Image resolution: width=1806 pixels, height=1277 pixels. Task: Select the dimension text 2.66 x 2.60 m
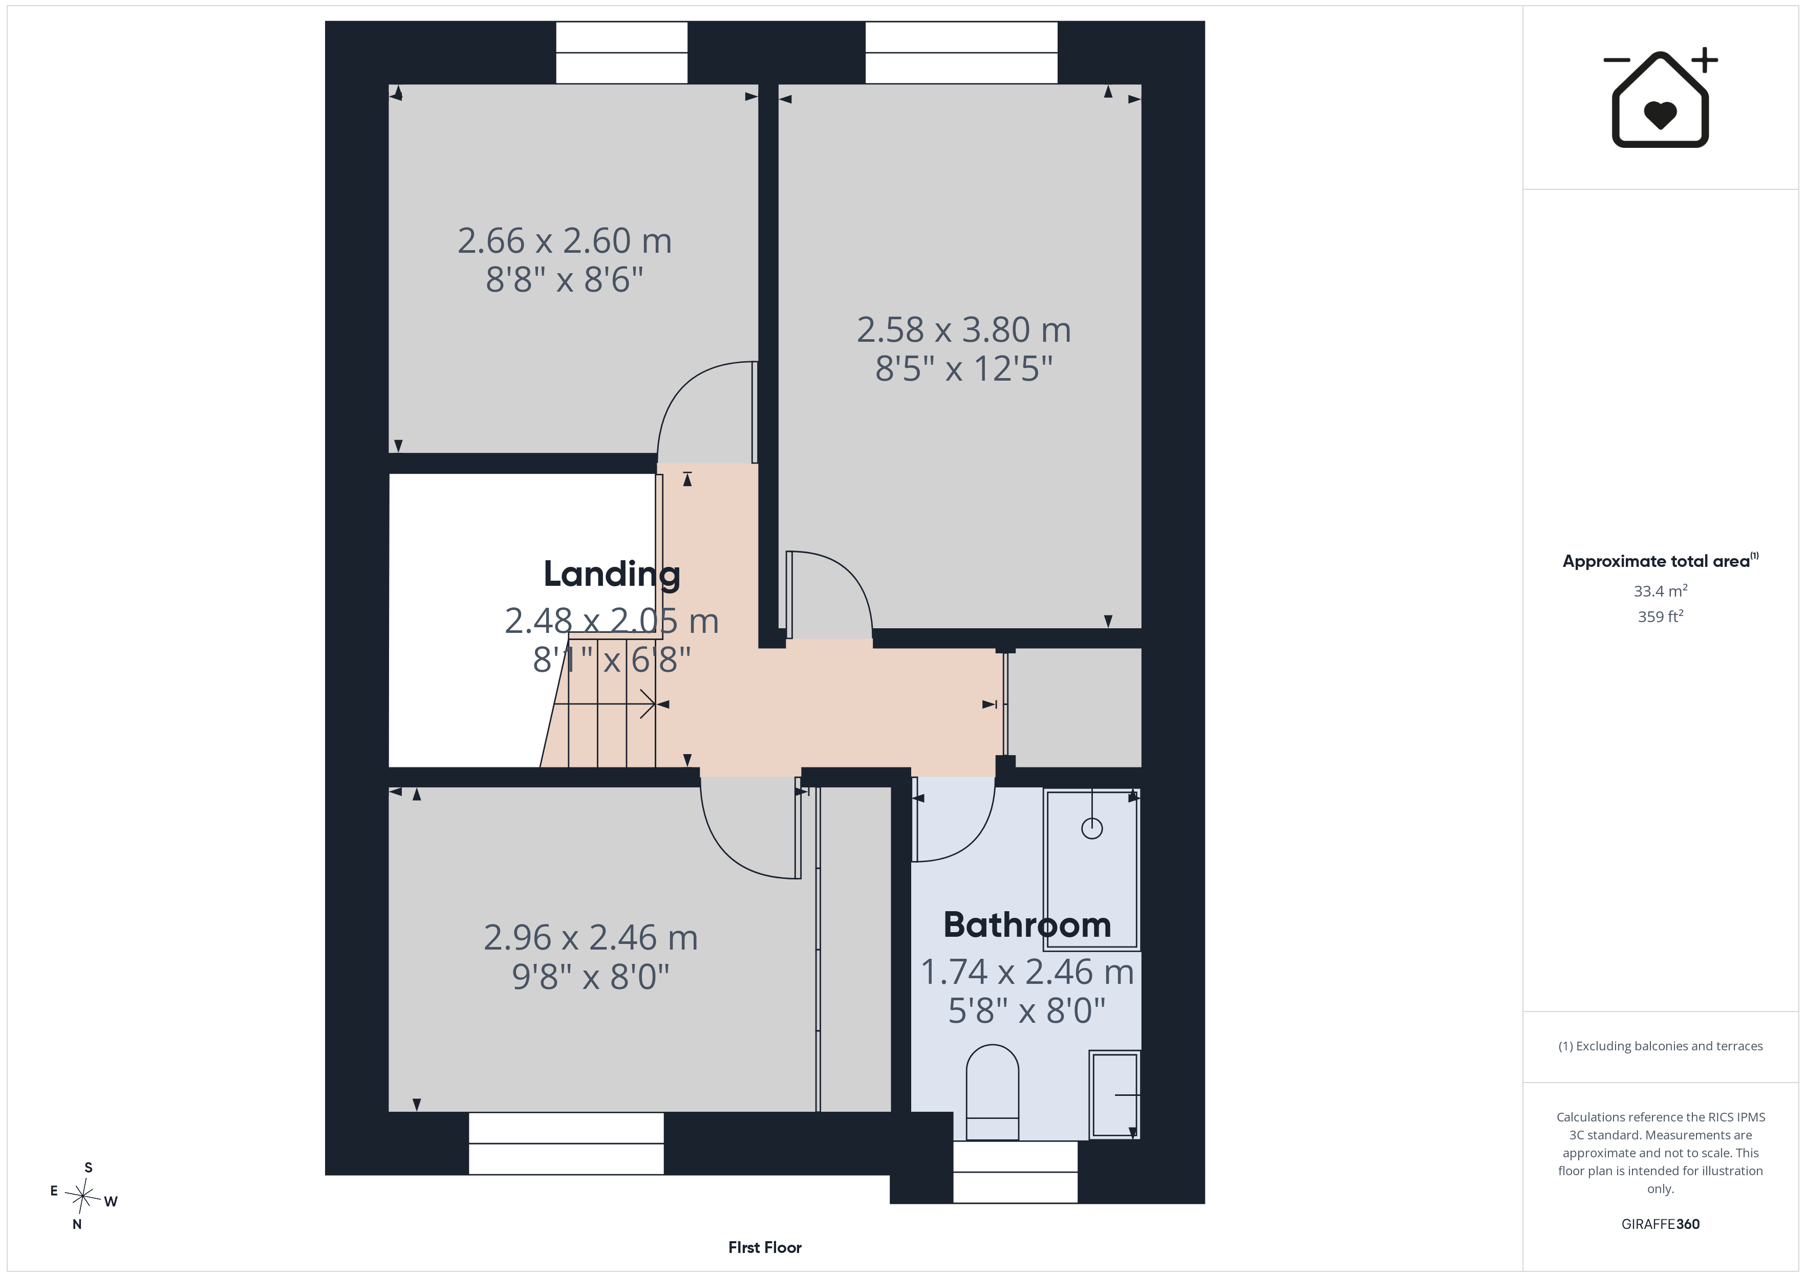tap(565, 240)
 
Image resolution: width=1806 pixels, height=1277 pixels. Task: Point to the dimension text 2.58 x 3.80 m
tap(963, 329)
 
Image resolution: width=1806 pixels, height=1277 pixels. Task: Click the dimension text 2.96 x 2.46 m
tap(591, 937)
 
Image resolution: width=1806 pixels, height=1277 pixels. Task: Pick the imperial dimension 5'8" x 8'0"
tap(1026, 1010)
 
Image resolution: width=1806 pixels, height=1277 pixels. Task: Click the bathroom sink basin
tap(1114, 1094)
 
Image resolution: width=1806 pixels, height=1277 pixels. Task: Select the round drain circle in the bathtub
tap(1092, 828)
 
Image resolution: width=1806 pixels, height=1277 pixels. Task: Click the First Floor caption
tap(765, 1247)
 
